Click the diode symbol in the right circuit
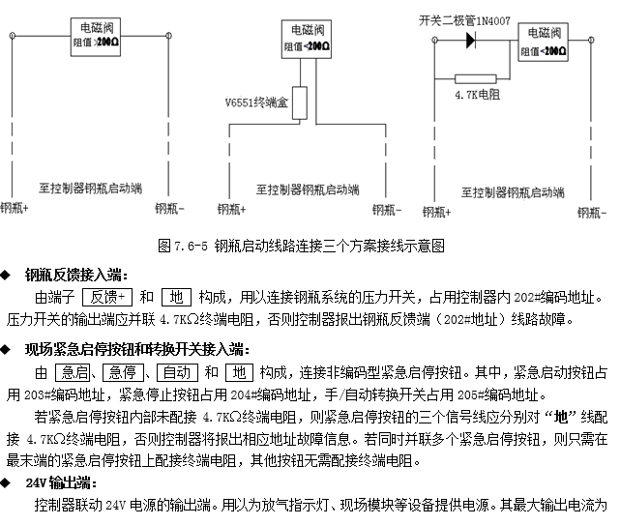point(470,40)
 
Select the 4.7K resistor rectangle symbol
point(475,78)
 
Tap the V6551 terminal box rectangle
point(300,102)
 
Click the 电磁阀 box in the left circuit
point(96,37)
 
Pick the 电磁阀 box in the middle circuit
point(307,40)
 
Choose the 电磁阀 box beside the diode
point(543,42)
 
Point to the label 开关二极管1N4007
point(464,20)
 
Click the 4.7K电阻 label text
point(477,95)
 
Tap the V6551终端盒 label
point(256,102)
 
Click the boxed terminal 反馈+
point(107,297)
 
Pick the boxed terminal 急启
point(73,372)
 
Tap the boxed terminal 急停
point(123,372)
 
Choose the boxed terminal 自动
point(177,372)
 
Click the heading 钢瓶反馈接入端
point(76,275)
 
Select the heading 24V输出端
point(61,482)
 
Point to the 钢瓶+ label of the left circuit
point(15,208)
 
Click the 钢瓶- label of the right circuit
point(592,213)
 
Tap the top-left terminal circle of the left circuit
point(13,36)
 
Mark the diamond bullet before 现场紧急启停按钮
point(5,349)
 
